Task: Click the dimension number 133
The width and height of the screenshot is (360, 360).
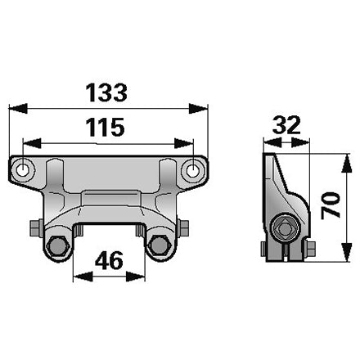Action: click(x=106, y=92)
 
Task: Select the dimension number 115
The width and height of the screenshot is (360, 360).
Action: click(x=105, y=127)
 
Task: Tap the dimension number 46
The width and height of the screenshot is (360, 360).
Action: click(x=109, y=260)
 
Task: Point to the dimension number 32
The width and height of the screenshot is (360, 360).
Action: click(x=286, y=125)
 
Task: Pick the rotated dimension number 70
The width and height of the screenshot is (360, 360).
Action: click(x=331, y=205)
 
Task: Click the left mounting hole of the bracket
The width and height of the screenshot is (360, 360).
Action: click(x=22, y=170)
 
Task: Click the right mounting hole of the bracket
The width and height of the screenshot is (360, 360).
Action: click(x=193, y=170)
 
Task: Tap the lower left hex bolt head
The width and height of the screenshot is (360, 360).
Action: click(x=58, y=245)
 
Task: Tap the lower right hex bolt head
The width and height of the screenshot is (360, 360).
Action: click(x=160, y=245)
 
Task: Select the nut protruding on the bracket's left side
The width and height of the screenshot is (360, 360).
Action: click(x=35, y=228)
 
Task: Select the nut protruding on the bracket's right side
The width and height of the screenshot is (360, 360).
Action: click(x=183, y=228)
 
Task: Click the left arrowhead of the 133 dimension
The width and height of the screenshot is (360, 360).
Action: click(x=18, y=108)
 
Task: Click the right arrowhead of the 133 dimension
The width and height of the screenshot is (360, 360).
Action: click(x=198, y=108)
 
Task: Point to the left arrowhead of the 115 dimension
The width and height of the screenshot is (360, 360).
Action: click(x=32, y=143)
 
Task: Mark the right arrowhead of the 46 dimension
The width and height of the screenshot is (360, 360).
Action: click(x=135, y=277)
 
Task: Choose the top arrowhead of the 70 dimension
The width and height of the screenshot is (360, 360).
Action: click(x=346, y=164)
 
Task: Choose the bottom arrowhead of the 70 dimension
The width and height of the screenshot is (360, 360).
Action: click(x=346, y=252)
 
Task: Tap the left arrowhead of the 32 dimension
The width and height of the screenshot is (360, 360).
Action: click(x=272, y=142)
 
